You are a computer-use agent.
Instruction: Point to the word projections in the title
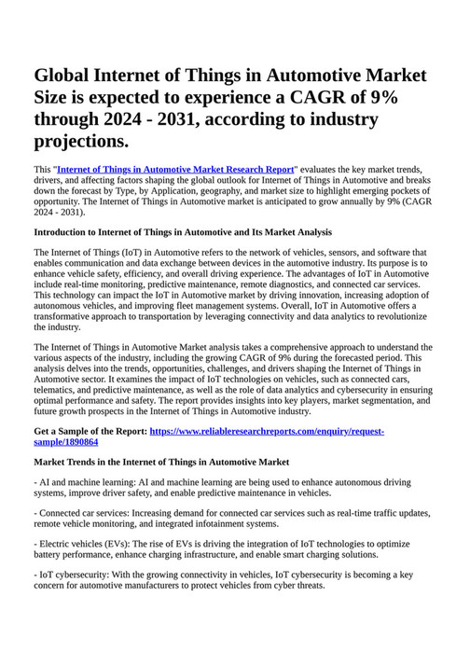click(x=79, y=142)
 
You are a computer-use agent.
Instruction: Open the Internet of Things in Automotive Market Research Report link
click(x=175, y=170)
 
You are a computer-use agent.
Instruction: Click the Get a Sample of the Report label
click(x=90, y=432)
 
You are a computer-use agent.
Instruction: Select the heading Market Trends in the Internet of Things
click(x=161, y=463)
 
